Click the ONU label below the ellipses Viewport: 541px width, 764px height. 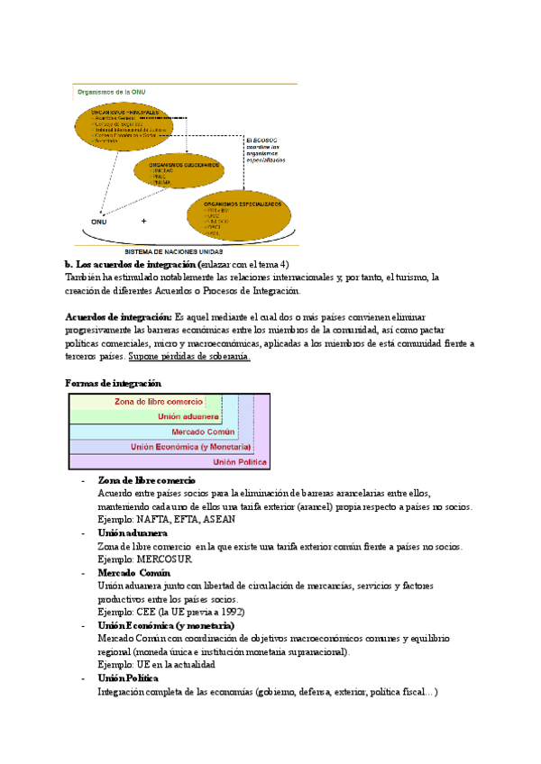[98, 221]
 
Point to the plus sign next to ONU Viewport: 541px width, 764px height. [143, 221]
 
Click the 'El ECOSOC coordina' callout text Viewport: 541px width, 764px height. [268, 150]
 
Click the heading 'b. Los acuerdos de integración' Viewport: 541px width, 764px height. [131, 264]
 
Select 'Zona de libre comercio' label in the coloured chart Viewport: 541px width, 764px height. [158, 402]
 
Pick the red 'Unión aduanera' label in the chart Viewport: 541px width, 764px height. [188, 416]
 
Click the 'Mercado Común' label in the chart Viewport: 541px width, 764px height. [204, 432]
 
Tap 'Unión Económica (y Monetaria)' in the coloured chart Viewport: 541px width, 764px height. [190, 446]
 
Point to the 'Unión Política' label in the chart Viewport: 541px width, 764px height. [240, 461]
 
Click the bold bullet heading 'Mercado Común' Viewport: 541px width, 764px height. [128, 572]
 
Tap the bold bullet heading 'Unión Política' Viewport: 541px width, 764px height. [128, 678]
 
